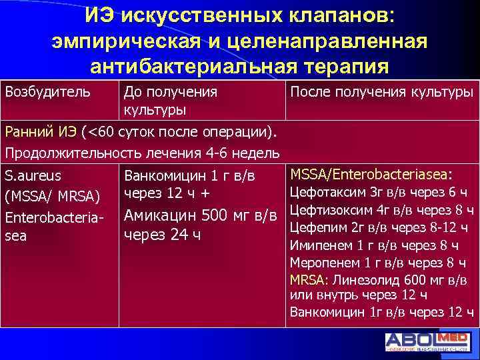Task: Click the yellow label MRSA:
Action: [x=308, y=279]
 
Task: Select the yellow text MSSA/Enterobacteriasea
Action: [x=369, y=175]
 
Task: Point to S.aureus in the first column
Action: [x=33, y=177]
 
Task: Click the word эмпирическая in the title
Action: [x=129, y=41]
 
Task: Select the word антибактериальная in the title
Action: [x=196, y=67]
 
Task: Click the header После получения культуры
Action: [x=381, y=92]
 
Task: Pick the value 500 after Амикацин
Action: [x=219, y=216]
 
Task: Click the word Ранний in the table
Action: [x=27, y=131]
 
